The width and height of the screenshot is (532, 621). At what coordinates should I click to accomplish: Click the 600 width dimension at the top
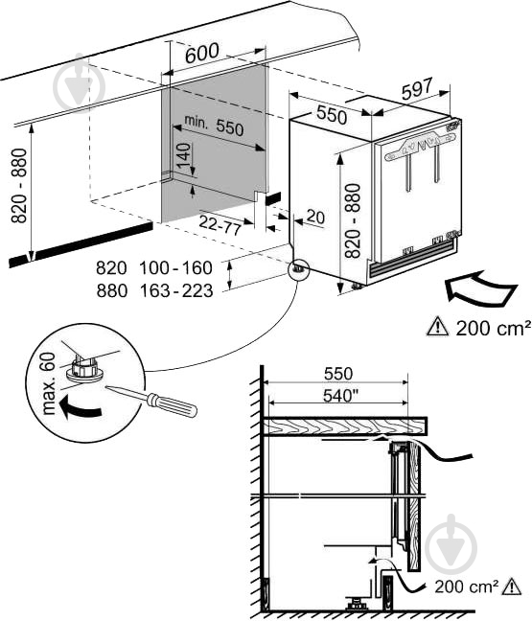click(202, 53)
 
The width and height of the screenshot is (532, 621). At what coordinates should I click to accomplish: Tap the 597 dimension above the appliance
click(417, 89)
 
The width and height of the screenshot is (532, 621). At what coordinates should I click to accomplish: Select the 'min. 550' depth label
click(214, 125)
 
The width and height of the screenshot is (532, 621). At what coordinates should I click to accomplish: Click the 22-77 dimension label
click(220, 225)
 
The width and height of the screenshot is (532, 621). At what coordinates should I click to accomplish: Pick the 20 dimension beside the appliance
click(315, 217)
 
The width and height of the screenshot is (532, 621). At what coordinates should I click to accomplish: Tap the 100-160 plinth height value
click(175, 268)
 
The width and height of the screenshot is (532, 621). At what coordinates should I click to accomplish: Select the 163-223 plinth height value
click(176, 291)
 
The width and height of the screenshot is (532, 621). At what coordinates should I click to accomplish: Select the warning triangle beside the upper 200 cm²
click(437, 327)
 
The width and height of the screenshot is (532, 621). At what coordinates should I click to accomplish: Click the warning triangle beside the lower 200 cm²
click(512, 586)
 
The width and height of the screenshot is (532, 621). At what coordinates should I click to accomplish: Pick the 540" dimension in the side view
click(338, 396)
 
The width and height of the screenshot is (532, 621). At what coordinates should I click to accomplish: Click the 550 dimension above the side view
click(338, 374)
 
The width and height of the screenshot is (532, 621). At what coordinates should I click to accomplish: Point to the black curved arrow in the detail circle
click(80, 409)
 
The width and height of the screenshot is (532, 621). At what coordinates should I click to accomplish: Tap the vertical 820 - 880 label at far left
click(19, 186)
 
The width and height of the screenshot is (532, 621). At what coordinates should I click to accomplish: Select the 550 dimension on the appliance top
click(332, 114)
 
